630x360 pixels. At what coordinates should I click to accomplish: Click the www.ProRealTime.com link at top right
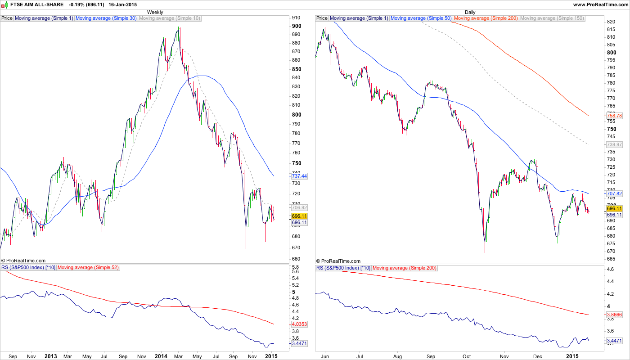click(x=601, y=4)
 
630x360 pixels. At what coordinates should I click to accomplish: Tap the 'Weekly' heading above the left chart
click(x=155, y=12)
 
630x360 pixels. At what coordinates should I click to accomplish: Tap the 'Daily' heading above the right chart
click(x=470, y=12)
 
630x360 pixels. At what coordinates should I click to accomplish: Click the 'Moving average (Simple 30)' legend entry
click(x=106, y=18)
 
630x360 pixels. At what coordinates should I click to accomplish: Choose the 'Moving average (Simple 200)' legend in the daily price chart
click(x=486, y=18)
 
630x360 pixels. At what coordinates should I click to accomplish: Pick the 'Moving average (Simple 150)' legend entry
click(x=552, y=18)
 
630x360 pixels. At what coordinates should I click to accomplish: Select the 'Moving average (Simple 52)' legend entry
click(x=88, y=268)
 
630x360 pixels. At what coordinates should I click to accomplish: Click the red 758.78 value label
click(x=614, y=116)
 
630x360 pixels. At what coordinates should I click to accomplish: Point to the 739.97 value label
click(x=614, y=144)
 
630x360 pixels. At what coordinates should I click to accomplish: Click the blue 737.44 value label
click(x=299, y=176)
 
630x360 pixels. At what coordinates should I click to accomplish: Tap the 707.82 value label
click(x=614, y=193)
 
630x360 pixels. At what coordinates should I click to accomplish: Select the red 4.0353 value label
click(x=299, y=324)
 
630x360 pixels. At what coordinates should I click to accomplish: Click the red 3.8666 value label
click(x=614, y=315)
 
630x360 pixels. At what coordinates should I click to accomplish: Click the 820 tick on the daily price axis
click(x=611, y=22)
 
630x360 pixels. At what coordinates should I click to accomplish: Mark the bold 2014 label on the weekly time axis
click(x=161, y=356)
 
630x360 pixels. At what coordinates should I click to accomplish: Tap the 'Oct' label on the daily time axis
click(x=467, y=356)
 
